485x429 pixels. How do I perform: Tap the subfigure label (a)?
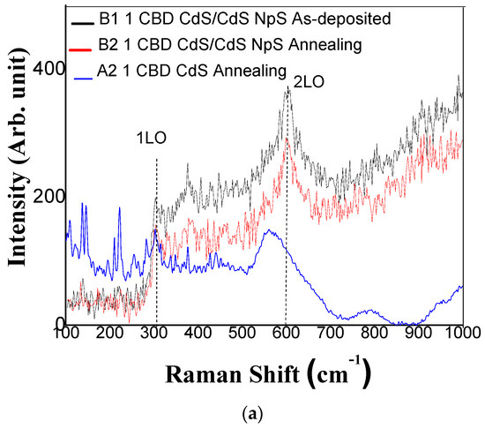coord(242,416)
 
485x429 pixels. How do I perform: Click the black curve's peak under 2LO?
coord(287,89)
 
